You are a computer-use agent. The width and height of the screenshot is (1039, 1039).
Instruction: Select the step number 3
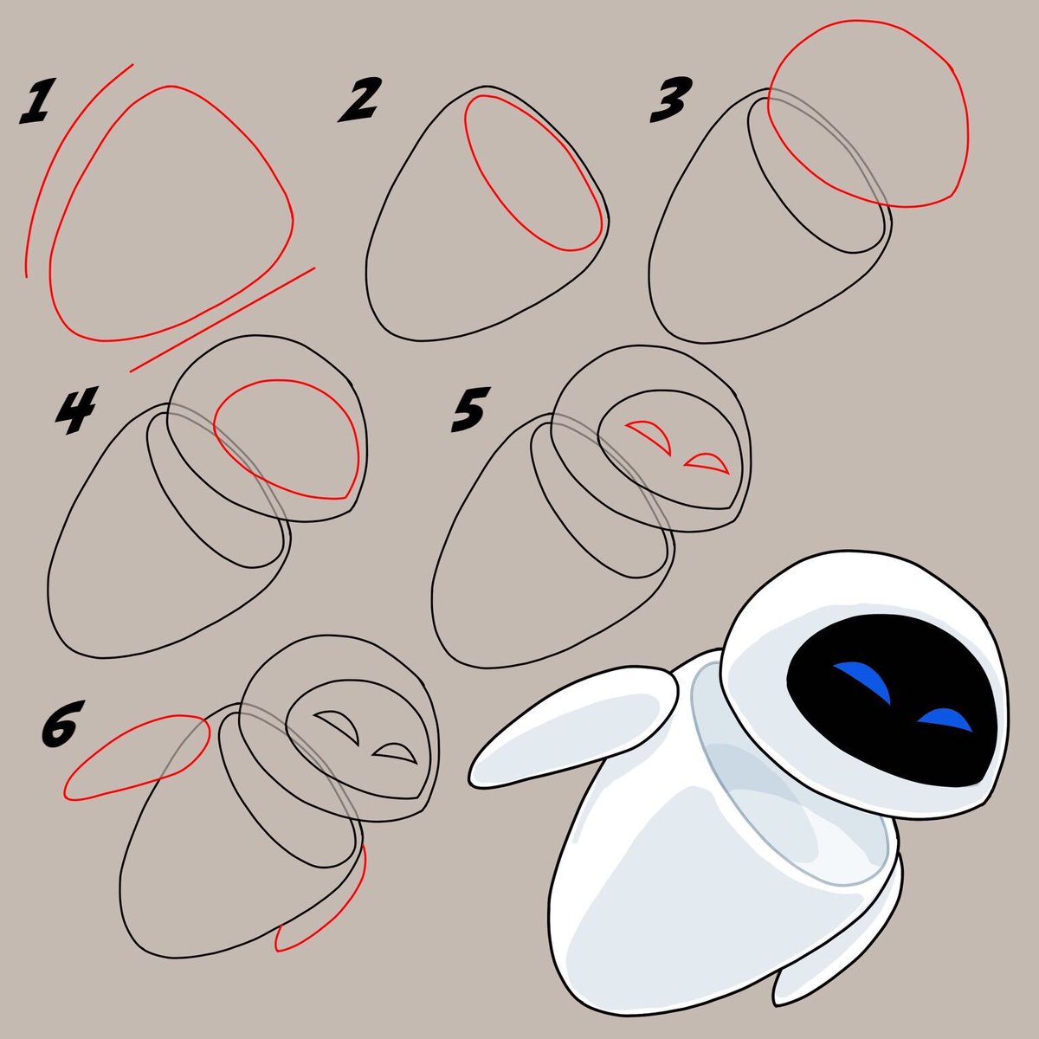coord(670,100)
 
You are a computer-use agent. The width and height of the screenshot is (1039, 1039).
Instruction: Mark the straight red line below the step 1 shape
coord(222,319)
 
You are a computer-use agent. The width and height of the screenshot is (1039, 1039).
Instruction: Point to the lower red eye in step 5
coord(706,462)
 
